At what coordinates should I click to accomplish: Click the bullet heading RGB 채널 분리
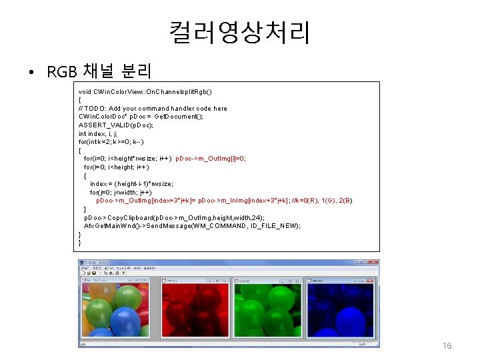[100, 70]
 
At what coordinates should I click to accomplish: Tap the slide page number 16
[447, 346]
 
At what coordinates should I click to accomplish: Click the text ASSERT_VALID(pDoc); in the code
[116, 125]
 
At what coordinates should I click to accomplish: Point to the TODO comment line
[153, 108]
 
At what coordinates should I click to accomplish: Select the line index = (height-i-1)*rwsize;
[131, 183]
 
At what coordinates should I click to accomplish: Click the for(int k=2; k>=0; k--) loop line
[112, 142]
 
